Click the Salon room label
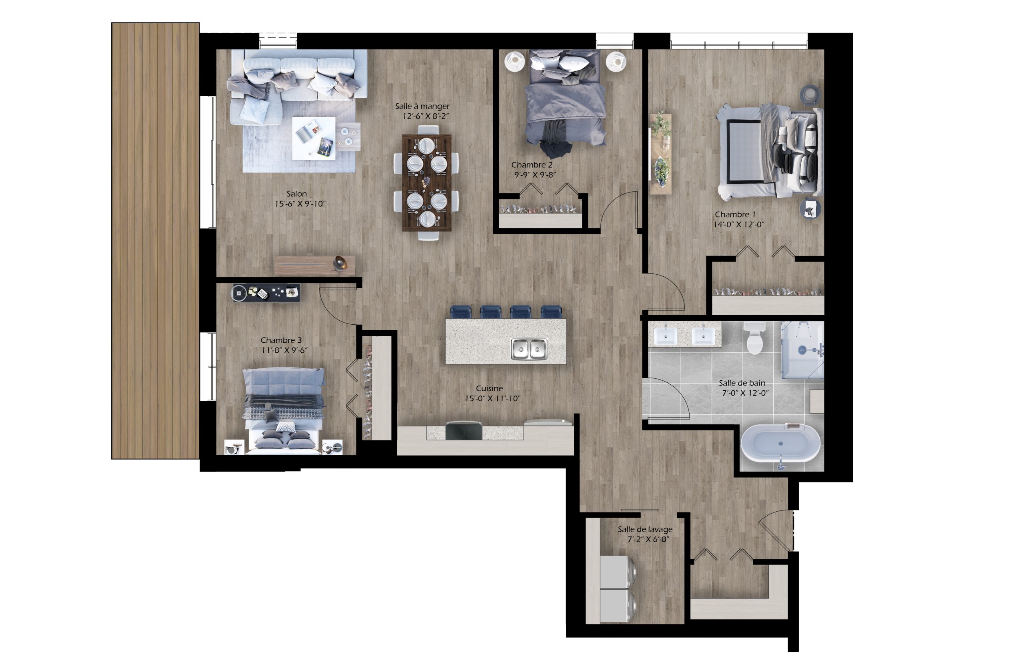click(297, 194)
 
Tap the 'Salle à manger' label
click(422, 106)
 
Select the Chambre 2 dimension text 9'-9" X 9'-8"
click(535, 175)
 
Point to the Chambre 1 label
click(735, 215)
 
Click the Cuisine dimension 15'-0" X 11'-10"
click(492, 399)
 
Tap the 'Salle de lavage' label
click(645, 530)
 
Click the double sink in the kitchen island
click(529, 349)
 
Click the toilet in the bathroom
click(754, 338)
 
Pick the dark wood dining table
click(427, 183)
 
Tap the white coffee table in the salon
click(314, 138)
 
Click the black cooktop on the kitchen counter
click(464, 431)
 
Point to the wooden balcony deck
click(155, 241)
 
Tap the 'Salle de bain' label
click(742, 383)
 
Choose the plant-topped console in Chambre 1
click(660, 154)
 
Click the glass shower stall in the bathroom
click(802, 350)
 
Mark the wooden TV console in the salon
click(314, 265)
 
